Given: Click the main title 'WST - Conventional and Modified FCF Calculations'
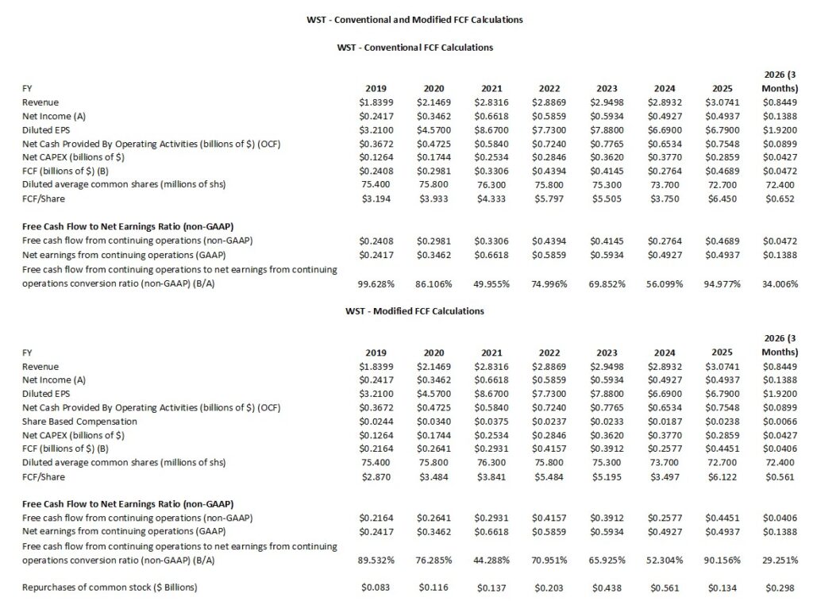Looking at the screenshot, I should click(x=414, y=20).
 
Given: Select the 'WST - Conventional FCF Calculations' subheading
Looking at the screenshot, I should click(x=415, y=48).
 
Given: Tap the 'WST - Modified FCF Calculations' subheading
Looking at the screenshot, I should click(x=414, y=311).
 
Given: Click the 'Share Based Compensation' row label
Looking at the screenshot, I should click(x=80, y=422).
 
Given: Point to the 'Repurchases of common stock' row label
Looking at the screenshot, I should click(x=110, y=588).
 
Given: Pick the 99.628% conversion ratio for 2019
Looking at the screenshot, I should click(x=376, y=283).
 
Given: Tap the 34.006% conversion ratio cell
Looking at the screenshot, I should click(x=780, y=283).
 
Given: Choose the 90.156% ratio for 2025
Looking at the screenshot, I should click(x=721, y=560).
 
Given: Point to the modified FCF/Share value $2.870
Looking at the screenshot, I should click(x=376, y=477).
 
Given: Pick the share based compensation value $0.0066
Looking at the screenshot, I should click(x=780, y=422).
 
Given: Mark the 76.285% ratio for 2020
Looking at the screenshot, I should click(x=433, y=560).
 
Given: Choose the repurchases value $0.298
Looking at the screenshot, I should click(x=780, y=588).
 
